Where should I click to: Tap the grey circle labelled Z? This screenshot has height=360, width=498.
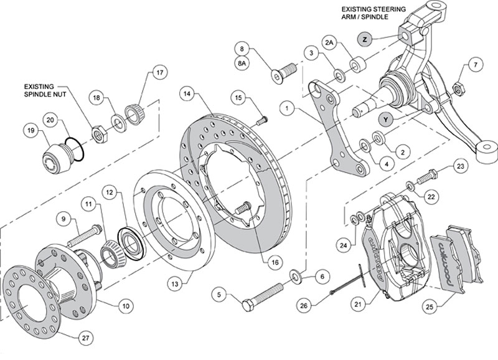click(365, 38)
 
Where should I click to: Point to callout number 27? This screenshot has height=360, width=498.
click(85, 338)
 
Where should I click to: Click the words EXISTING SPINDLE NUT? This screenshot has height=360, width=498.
click(46, 91)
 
